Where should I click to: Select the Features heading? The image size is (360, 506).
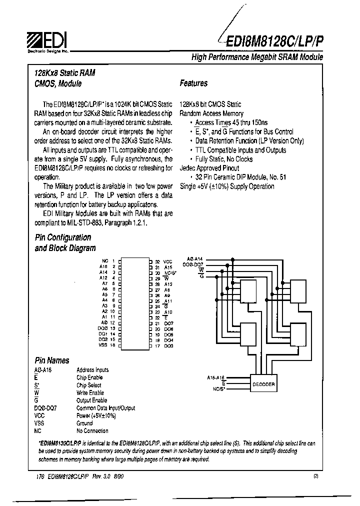click(x=193, y=83)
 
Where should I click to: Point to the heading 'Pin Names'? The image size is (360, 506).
click(x=52, y=360)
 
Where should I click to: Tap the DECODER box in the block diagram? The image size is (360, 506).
click(x=263, y=384)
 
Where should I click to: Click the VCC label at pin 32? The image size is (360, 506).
click(x=168, y=261)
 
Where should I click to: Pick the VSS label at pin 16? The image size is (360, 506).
click(x=103, y=345)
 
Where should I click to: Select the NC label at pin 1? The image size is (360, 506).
click(x=104, y=261)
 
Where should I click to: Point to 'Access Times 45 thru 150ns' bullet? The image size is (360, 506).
click(x=231, y=122)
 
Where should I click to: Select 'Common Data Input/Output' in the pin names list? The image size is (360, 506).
click(x=105, y=408)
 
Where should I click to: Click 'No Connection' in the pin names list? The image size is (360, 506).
click(x=92, y=430)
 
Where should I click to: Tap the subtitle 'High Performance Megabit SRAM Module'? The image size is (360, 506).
click(x=257, y=57)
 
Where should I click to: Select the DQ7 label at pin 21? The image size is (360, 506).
click(x=168, y=323)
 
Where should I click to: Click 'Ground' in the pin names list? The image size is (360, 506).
click(x=84, y=423)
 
